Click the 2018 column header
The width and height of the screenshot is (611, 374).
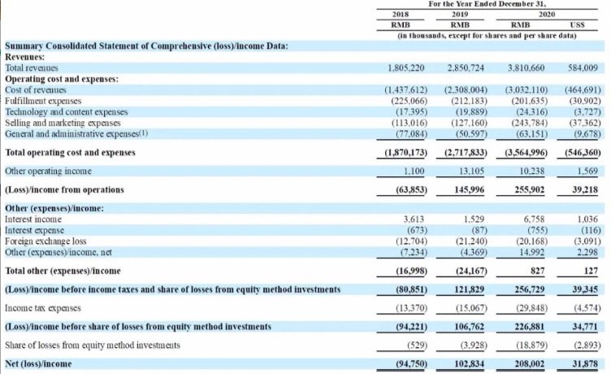pyautogui.click(x=401, y=15)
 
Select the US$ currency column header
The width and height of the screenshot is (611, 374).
pyautogui.click(x=577, y=25)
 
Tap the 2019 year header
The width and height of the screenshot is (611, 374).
pyautogui.click(x=460, y=15)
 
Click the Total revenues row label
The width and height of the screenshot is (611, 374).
pyautogui.click(x=32, y=67)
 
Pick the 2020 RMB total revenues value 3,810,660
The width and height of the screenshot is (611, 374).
pyautogui.click(x=526, y=67)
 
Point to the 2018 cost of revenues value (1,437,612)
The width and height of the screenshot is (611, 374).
pyautogui.click(x=406, y=90)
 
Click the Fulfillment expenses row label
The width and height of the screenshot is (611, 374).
pyautogui.click(x=43, y=101)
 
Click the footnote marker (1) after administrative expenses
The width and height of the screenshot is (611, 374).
pyautogui.click(x=144, y=133)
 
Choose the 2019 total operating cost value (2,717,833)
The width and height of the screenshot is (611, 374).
pyautogui.click(x=466, y=153)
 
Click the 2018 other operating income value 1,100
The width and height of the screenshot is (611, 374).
pyautogui.click(x=414, y=172)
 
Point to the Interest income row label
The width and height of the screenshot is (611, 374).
pyautogui.click(x=33, y=220)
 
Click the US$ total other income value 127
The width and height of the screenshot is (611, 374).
pyautogui.click(x=591, y=271)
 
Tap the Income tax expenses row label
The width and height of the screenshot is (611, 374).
pyautogui.click(x=43, y=308)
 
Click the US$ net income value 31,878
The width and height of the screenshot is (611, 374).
pyautogui.click(x=585, y=364)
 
